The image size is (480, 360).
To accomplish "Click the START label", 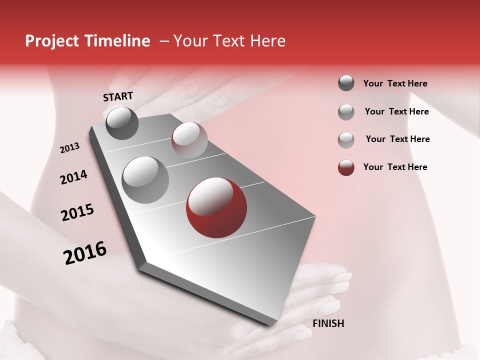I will coord(118,96).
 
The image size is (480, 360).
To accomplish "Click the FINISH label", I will coord(328,323).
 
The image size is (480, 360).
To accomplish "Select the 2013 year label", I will coord(70,148).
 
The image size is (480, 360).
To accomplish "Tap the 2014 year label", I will coord(73,177).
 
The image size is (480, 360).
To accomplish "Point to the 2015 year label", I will coord(77,212).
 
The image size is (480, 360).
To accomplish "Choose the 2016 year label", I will coord(85,252).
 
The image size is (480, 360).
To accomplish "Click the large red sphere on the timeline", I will coord(216,208).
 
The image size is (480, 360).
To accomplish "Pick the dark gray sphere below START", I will coord(122,123).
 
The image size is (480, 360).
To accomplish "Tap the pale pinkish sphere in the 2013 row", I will coord(189,140).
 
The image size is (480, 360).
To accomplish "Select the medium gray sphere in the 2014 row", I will coord(145,179).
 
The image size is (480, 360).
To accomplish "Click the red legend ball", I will coord(346,167).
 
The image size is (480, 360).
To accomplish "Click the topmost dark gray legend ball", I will coord(346,83).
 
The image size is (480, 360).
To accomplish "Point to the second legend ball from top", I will coord(346,112).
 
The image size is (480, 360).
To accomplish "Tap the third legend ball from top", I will coord(346,139).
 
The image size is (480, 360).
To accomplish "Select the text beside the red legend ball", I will coord(395,167).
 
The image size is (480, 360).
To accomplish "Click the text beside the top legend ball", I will coord(395,83).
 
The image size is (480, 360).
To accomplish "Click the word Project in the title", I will coord(51,41).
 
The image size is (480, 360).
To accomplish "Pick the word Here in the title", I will coord(267,41).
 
